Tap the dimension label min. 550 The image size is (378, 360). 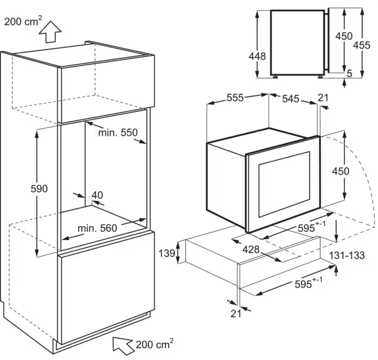pos(118,132)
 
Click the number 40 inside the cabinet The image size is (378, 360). pos(97,195)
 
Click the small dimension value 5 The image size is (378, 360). pos(349,73)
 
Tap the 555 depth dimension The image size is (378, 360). pos(235,98)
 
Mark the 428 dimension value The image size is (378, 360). pos(252,249)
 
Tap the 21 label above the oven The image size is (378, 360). pos(323,97)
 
